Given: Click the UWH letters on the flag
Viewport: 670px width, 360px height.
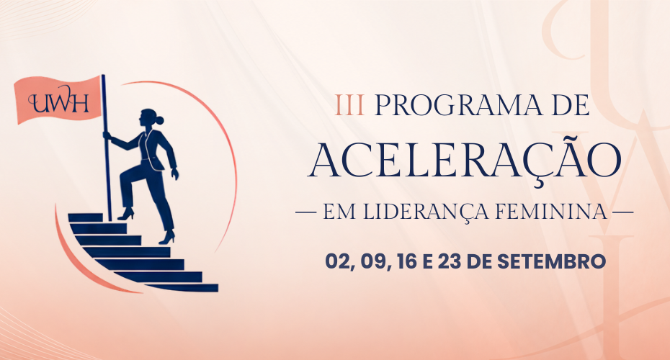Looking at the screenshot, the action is point(58,103).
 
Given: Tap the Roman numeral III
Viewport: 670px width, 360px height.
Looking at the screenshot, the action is point(350,106).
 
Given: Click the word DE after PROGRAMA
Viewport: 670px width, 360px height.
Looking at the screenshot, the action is point(571,106).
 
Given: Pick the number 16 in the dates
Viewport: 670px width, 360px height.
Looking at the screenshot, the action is point(407,261).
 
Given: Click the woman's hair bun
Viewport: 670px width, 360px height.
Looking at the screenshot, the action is point(159,120).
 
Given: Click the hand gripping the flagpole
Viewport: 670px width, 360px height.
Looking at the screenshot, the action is point(107,136).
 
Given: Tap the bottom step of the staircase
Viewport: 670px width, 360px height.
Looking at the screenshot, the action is point(179,287).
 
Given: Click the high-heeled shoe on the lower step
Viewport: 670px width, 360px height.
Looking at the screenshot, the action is point(167,238).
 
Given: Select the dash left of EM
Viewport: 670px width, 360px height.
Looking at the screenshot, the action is point(306,212).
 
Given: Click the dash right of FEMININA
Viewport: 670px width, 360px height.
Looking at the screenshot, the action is point(623,212).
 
